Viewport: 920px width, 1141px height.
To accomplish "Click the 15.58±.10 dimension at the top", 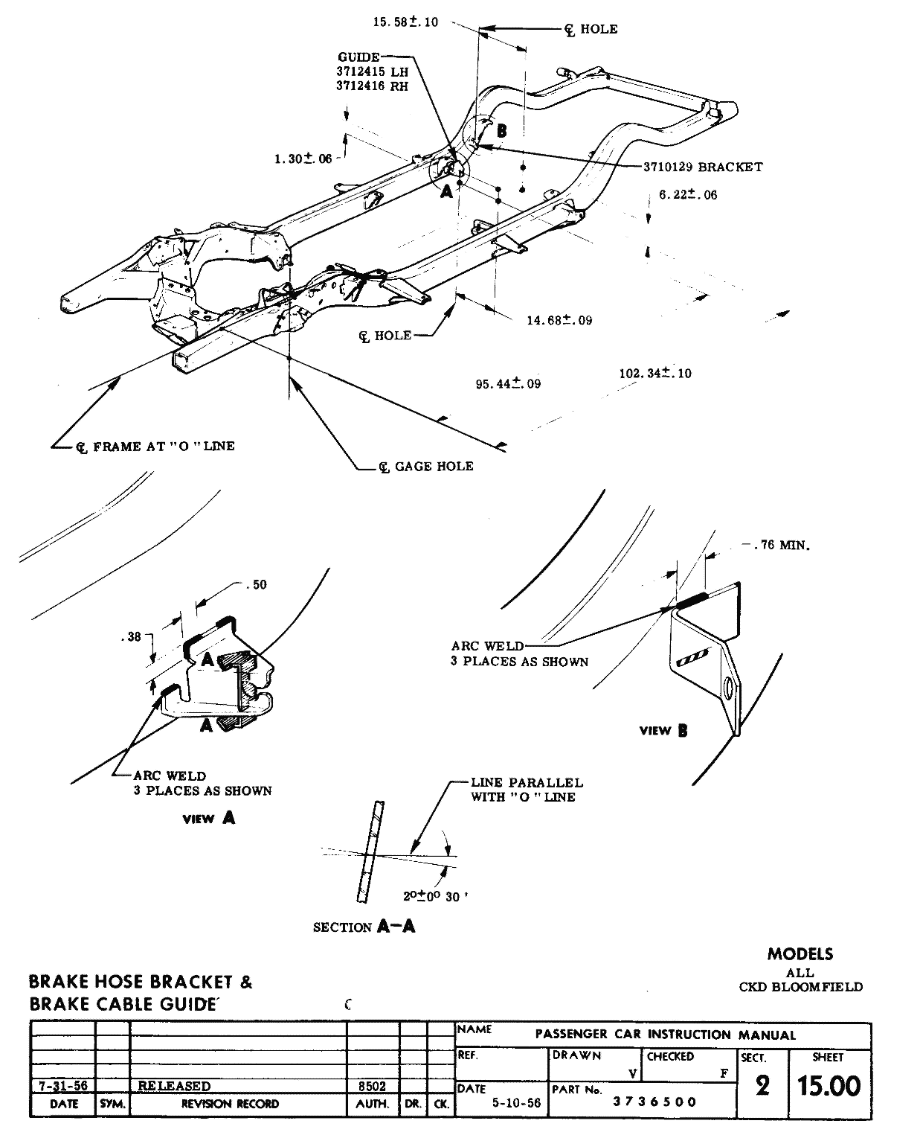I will (405, 22).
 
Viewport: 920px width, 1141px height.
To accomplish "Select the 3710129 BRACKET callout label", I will (703, 167).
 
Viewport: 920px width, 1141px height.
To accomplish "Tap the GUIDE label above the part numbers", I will (358, 57).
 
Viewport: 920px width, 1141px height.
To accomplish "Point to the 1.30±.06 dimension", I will (303, 159).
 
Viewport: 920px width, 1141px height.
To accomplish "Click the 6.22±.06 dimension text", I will (688, 195).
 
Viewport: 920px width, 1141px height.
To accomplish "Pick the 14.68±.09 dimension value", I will (559, 321).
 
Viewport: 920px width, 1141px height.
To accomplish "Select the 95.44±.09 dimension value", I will (508, 384).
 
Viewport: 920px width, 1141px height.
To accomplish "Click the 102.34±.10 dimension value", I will (655, 374).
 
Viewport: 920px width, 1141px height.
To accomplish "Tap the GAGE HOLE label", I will (434, 467).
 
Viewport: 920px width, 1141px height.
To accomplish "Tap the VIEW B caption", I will (663, 731).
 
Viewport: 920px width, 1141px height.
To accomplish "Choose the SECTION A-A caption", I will (364, 927).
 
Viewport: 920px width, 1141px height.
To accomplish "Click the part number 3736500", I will (654, 1102).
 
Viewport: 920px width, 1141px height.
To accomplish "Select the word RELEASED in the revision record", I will (174, 1086).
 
